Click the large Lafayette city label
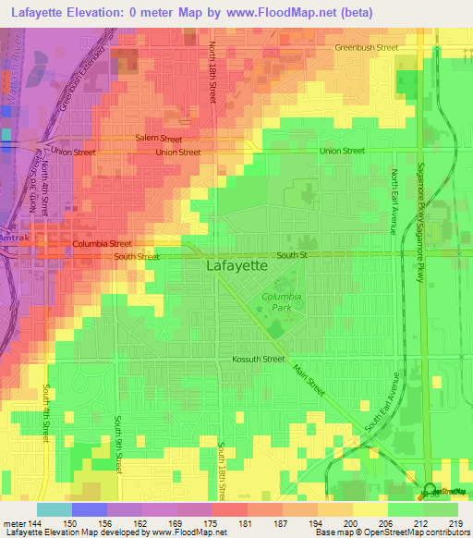coord(236,264)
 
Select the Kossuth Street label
coord(258,359)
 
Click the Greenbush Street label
coord(367,47)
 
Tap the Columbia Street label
coord(103,244)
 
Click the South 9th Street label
coord(118,445)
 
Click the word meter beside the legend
coord(17,522)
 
